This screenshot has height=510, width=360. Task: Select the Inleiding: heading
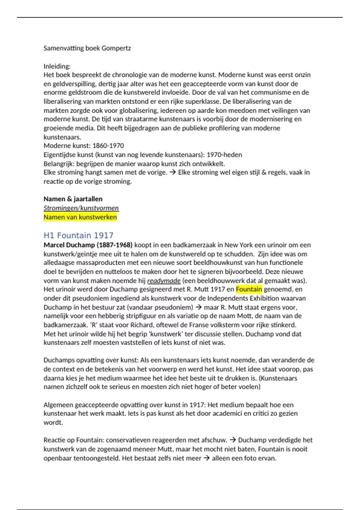[x=57, y=66]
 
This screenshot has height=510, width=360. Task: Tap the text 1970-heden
[x=224, y=155]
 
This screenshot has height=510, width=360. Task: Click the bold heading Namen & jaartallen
[x=73, y=199]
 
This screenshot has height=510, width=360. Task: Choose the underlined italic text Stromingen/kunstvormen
[x=81, y=208]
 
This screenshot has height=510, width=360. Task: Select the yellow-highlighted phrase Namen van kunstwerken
[x=80, y=217]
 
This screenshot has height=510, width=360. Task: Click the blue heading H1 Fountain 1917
[x=78, y=235]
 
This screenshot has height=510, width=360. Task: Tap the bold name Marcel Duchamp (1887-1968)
[x=88, y=245]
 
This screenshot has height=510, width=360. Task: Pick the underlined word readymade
[x=164, y=281]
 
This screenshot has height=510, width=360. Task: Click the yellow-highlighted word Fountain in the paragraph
[x=249, y=289]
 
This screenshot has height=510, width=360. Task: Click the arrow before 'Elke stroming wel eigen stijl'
[x=172, y=172]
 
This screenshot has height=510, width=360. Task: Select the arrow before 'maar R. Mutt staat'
[x=198, y=307]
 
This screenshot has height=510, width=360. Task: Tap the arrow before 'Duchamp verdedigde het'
[x=232, y=440]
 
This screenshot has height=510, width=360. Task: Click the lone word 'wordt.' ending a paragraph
[x=53, y=422]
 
